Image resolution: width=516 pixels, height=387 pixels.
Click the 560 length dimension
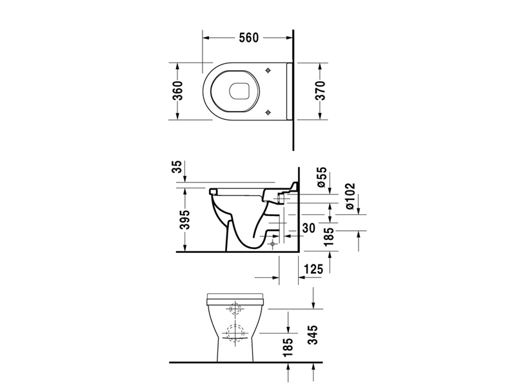(249, 38)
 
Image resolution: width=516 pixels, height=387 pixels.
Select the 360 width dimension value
(178, 90)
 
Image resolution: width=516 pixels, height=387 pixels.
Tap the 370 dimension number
(319, 90)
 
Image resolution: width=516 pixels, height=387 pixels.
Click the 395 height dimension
(185, 219)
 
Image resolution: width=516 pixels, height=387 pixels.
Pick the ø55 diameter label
(322, 177)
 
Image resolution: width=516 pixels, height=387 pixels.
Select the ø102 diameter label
(350, 196)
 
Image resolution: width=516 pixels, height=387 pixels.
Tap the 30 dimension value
(308, 228)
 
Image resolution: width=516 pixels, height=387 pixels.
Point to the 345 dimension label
(313, 335)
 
